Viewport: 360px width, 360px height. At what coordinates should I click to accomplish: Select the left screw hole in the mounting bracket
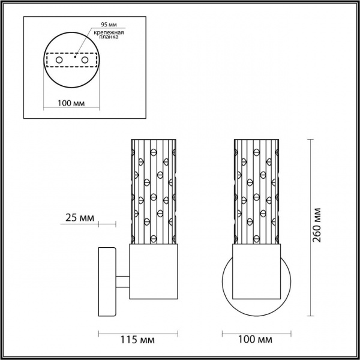tap(59, 61)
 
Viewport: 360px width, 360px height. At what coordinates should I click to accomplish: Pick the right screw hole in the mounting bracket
tap(85, 61)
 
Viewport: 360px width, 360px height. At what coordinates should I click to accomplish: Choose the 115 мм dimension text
tap(142, 340)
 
